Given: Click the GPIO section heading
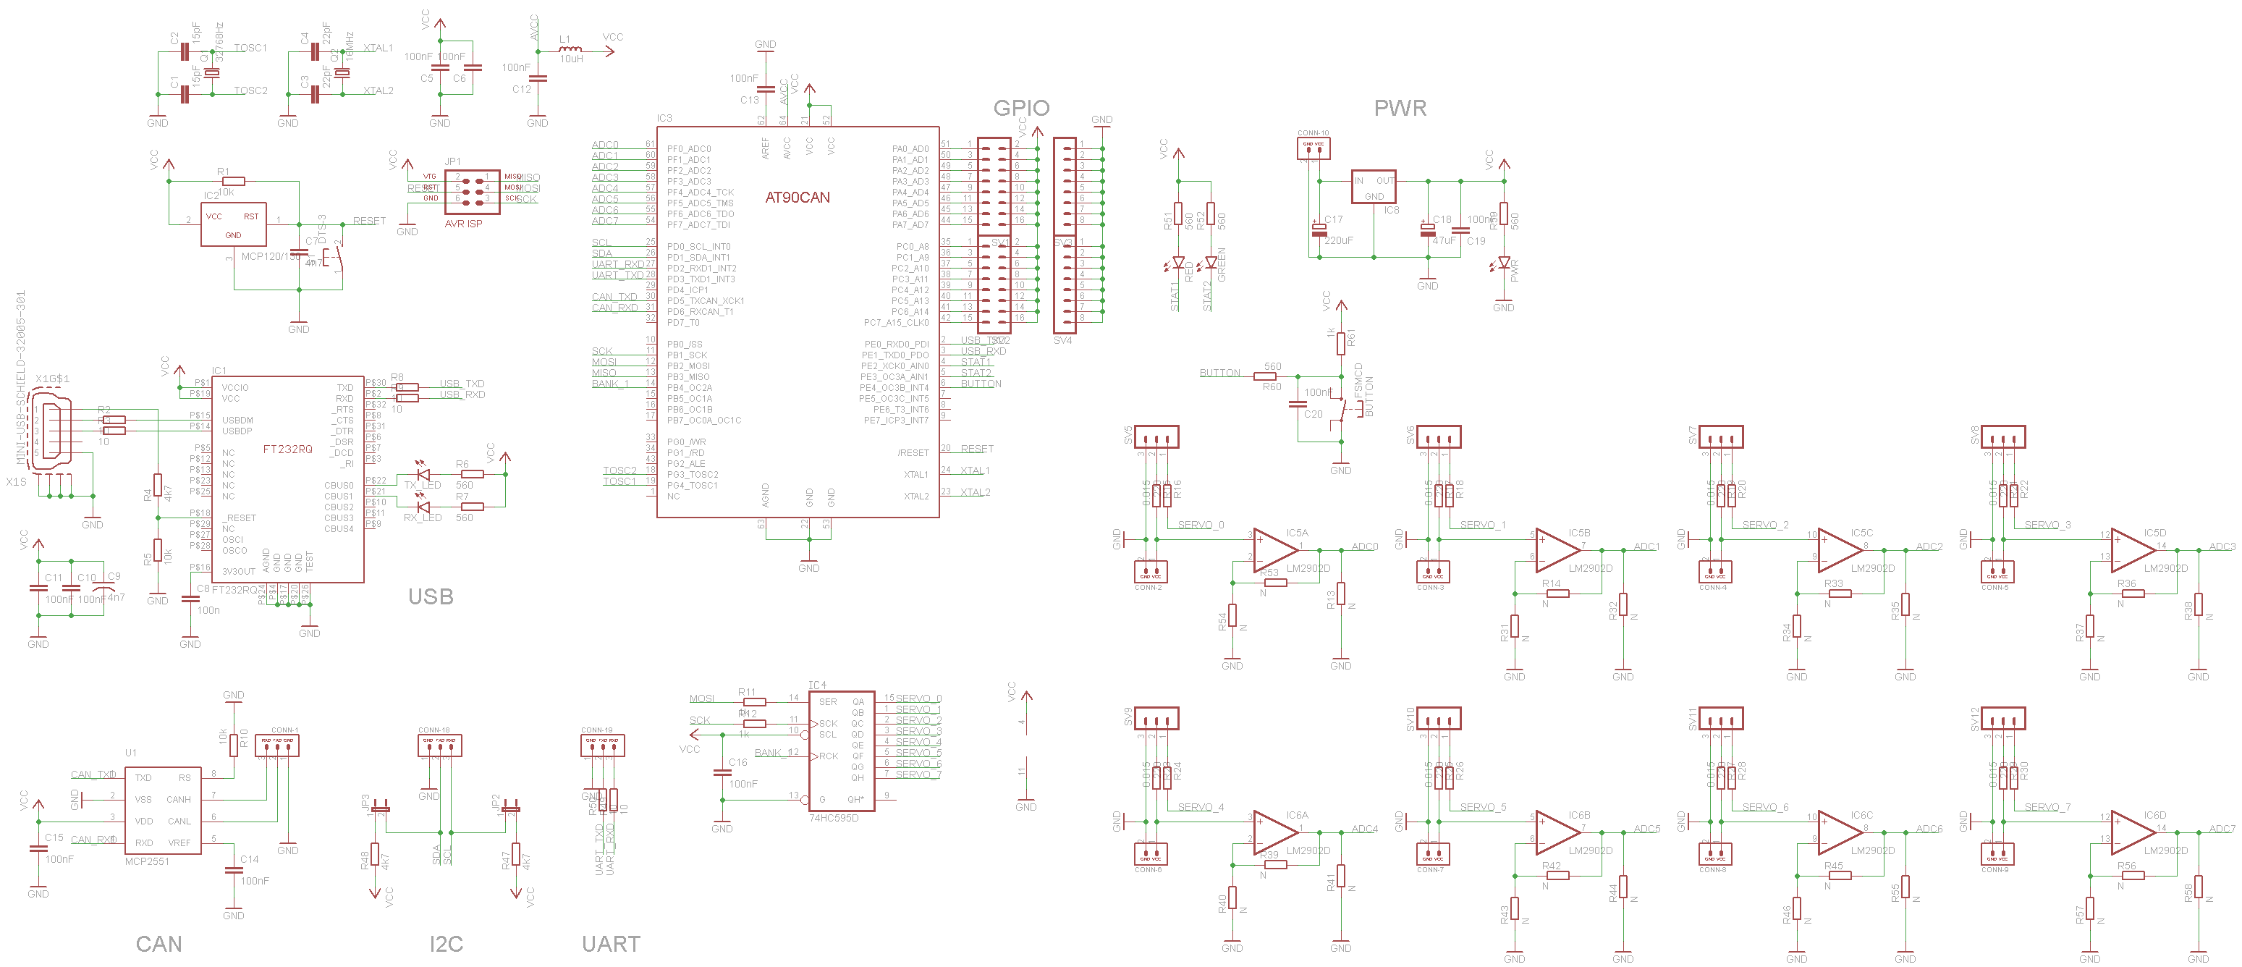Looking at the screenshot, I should click(1021, 108).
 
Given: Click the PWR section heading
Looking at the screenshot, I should click(1400, 108).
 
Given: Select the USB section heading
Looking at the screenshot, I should click(431, 596).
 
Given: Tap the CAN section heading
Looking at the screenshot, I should click(158, 944).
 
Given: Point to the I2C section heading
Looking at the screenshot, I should click(446, 944).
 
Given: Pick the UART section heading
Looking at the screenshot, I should click(611, 944).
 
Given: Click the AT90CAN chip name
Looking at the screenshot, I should click(798, 198).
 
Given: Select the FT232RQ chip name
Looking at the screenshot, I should click(287, 449).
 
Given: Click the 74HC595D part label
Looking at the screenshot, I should click(833, 818).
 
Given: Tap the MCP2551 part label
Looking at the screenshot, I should click(147, 861).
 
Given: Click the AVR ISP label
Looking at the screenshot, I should click(463, 224).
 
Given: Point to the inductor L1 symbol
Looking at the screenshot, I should click(570, 50).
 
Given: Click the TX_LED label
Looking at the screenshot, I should click(422, 486).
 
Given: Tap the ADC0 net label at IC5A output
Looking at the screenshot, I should click(1365, 546).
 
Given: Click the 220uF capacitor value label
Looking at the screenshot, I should click(1339, 240).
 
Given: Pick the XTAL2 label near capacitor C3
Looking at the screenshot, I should click(378, 90).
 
